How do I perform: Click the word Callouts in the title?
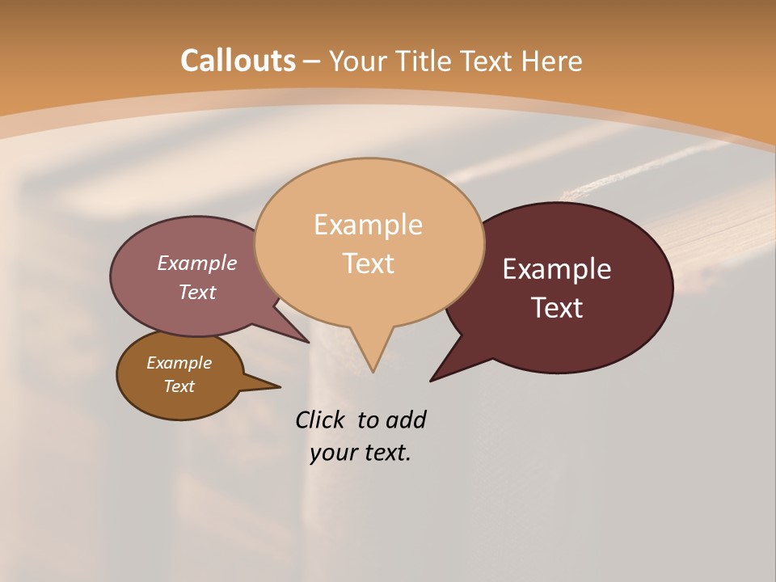238,61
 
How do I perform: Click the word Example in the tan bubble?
368,225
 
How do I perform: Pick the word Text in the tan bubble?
369,264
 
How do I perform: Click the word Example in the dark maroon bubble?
557,269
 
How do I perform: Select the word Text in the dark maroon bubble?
558,308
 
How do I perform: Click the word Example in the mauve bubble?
197,264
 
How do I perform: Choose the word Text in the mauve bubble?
197,292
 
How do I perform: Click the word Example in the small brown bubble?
179,363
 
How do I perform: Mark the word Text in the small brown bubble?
179,386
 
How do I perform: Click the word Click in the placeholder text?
321,420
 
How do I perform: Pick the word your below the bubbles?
333,453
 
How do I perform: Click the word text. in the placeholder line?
386,453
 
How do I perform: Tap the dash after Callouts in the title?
312,61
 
